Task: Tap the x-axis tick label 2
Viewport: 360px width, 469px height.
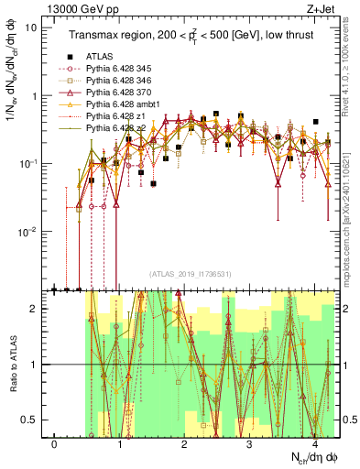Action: pyautogui.click(x=184, y=442)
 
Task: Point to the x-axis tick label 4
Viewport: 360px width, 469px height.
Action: pyautogui.click(x=314, y=442)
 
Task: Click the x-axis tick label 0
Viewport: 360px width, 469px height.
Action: pyautogui.click(x=54, y=442)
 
